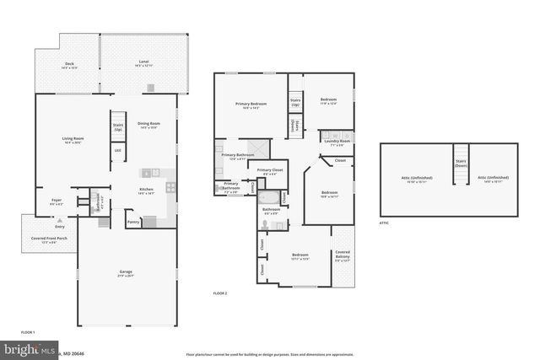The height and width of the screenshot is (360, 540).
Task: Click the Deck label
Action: pos(69,65)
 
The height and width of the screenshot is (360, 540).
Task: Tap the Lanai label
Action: pos(144,62)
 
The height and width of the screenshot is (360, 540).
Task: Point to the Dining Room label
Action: pos(148,124)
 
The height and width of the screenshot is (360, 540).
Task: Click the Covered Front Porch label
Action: pos(42,241)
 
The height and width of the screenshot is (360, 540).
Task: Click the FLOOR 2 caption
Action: pos(220,293)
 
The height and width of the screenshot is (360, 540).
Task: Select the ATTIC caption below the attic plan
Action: pos(384,223)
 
